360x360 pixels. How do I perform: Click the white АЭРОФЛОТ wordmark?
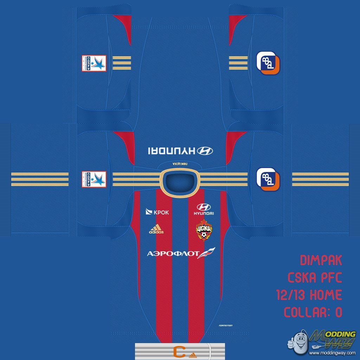173,254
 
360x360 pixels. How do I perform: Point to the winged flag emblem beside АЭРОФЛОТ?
206,253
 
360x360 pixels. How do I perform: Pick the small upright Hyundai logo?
204,209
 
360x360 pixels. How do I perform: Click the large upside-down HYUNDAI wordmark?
171,151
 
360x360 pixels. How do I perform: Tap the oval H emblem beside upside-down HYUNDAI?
205,151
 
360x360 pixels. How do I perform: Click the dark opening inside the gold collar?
180,182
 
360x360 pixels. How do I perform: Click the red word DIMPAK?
321,261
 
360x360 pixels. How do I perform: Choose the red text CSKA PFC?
315,278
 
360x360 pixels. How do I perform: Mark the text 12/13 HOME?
309,295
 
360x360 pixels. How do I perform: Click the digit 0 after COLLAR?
338,312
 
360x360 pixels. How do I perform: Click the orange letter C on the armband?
179,351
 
